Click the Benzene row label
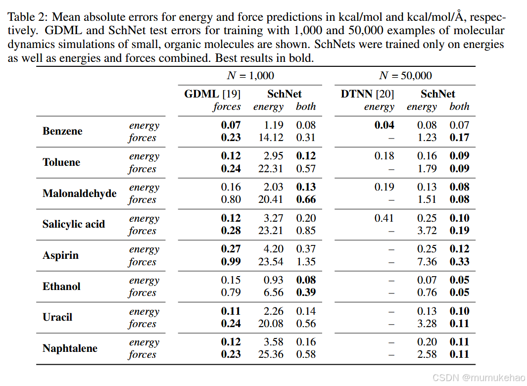pos(62,131)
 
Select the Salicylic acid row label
pos(74,224)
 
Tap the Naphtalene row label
pos(70,348)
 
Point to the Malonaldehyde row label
pos(80,193)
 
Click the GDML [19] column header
pos(212,94)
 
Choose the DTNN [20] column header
pos(367,94)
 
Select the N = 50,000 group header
pos(405,76)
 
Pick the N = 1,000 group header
pos(250,76)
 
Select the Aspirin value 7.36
pos(427,262)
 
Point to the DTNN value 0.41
pos(384,218)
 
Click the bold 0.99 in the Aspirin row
pos(231,262)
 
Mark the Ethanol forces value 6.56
pos(273,292)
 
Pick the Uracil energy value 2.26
pos(273,311)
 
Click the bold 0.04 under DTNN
pos(384,125)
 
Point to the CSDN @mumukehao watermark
pos(478,378)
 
